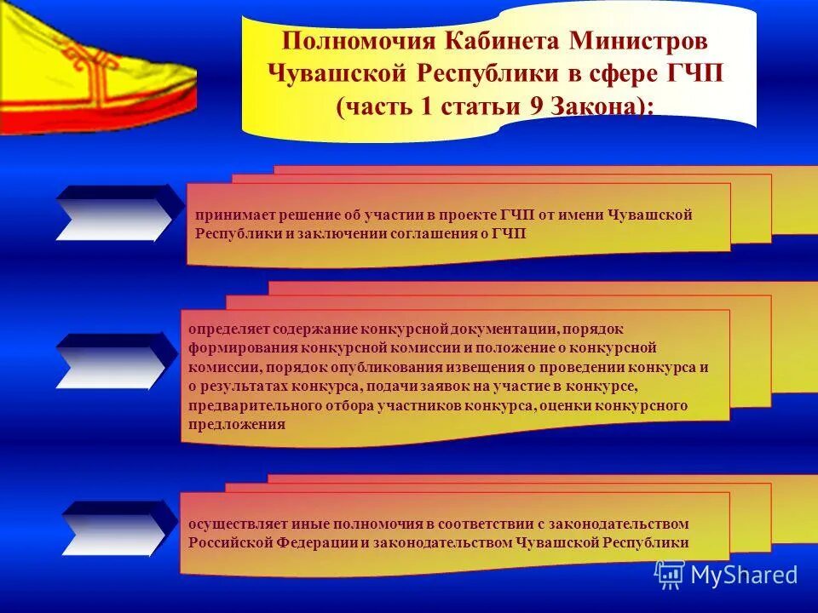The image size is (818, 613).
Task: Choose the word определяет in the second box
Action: [228, 328]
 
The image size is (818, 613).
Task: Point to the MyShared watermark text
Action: [743, 575]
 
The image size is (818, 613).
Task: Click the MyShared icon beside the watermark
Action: [670, 575]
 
